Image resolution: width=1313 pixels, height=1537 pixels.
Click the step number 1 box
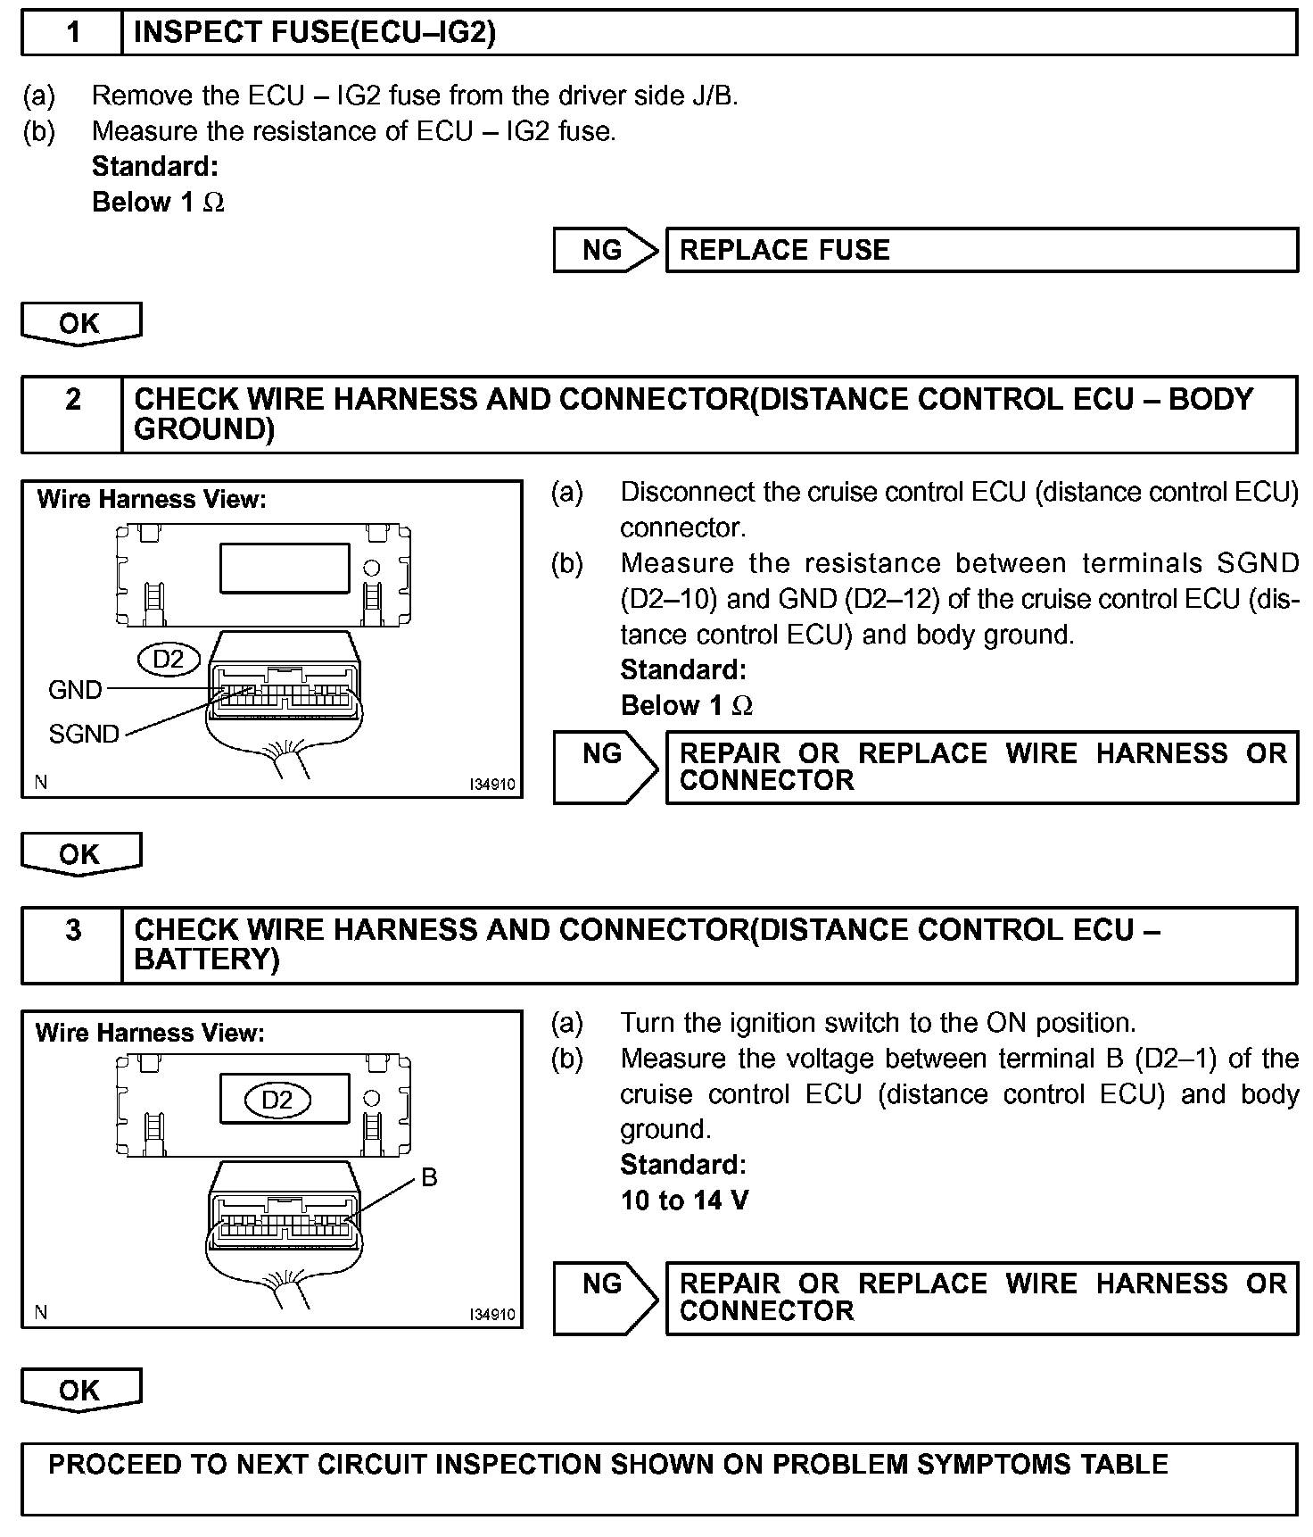(x=72, y=33)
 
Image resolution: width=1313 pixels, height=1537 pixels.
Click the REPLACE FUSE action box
(x=981, y=250)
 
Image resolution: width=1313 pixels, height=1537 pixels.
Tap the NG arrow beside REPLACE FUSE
(x=605, y=250)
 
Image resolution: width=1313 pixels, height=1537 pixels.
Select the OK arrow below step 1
(x=80, y=323)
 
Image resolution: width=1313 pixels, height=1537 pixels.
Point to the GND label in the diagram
(x=75, y=689)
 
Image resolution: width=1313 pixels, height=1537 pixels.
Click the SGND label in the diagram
(x=84, y=734)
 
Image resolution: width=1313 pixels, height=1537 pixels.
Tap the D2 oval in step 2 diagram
(x=168, y=659)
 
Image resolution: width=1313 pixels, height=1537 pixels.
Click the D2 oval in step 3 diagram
(x=277, y=1100)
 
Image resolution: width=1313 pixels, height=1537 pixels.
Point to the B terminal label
(x=429, y=1178)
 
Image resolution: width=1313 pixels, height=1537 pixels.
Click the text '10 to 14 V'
(x=684, y=1201)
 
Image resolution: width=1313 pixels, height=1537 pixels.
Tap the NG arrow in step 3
(x=605, y=1298)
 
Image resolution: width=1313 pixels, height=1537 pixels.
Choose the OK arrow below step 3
(x=80, y=1390)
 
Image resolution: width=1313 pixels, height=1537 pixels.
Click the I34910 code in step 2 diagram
(x=492, y=785)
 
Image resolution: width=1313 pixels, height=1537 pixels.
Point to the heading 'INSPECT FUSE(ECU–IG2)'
(x=314, y=33)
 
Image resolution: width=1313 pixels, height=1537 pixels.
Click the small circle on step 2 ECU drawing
(x=372, y=568)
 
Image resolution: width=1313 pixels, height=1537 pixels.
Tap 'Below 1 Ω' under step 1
(x=158, y=203)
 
